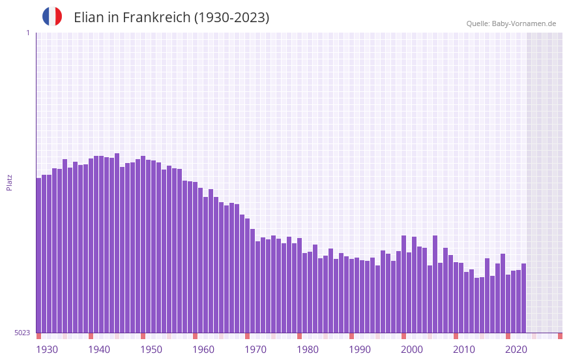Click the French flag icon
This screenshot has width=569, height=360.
[52, 17]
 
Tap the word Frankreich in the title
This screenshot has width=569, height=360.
[156, 18]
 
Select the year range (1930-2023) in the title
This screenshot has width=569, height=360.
[231, 18]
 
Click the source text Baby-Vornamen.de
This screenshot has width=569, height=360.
[523, 23]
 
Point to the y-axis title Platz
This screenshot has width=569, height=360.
[9, 182]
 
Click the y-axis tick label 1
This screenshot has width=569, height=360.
[27, 33]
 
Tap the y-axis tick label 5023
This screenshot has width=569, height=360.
[22, 333]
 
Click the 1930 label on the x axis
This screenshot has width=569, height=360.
[47, 350]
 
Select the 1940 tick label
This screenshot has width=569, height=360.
[99, 350]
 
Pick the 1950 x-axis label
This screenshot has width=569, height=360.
[151, 350]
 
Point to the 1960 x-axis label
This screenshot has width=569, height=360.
[203, 350]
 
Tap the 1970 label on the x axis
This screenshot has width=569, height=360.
[255, 350]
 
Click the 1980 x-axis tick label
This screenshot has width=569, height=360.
[308, 350]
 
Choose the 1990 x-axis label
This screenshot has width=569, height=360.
[360, 350]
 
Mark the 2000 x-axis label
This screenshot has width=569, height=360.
[412, 350]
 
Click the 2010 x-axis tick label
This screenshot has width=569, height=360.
[464, 350]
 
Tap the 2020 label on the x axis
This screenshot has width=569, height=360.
[516, 350]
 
